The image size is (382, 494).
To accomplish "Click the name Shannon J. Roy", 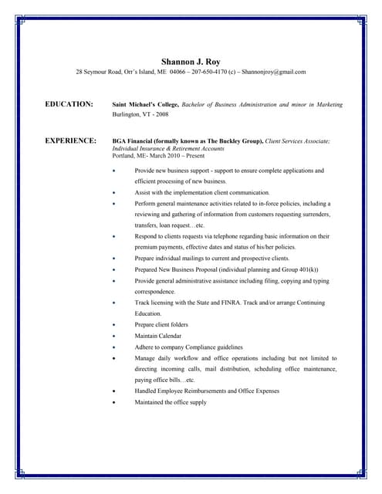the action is pyautogui.click(x=191, y=61).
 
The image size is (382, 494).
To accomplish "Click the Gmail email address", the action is pyautogui.click(x=274, y=73).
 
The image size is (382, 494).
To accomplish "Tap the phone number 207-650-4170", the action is pyautogui.click(x=198, y=73).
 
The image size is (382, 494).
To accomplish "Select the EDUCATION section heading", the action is pyautogui.click(x=69, y=103).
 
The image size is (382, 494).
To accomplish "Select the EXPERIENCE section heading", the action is pyautogui.click(x=71, y=141).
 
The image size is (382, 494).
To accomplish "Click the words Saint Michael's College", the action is pyautogui.click(x=146, y=104).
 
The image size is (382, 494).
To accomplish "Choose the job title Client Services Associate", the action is pyautogui.click(x=297, y=142).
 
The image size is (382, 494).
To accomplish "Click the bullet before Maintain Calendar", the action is pyautogui.click(x=114, y=337).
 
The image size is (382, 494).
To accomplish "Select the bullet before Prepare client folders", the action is pyautogui.click(x=114, y=325).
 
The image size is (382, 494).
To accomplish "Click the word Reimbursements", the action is pyautogui.click(x=203, y=391).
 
